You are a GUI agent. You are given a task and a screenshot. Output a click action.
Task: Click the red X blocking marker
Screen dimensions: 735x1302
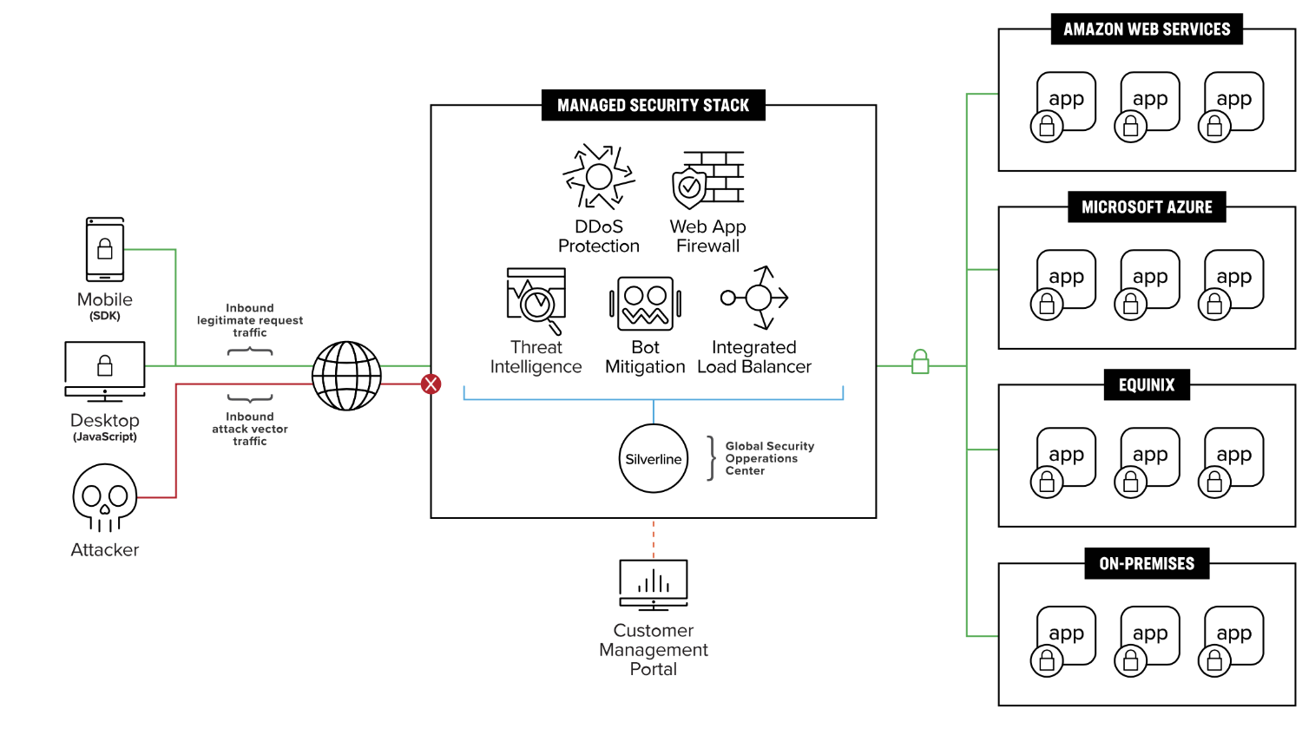coord(431,384)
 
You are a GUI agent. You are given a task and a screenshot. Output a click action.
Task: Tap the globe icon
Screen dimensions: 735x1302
coord(346,376)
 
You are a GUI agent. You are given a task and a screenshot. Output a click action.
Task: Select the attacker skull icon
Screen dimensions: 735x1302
coord(104,497)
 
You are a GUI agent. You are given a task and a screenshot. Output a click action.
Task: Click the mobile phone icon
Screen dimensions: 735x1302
coord(105,249)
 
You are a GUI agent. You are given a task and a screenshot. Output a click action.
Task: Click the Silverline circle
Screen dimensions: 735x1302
coord(654,458)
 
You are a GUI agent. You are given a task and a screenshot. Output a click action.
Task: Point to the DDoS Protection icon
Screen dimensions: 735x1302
coord(598,177)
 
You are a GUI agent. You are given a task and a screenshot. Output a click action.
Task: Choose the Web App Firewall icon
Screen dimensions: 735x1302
coord(708,180)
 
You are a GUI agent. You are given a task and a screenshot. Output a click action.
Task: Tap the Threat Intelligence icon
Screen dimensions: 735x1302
coord(536,300)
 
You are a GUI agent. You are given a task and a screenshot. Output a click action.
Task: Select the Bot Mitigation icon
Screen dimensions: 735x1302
coord(645,304)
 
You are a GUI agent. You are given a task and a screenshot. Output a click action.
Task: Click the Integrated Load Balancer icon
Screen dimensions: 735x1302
coord(756,298)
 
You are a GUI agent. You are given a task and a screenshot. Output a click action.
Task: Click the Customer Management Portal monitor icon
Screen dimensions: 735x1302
coord(654,584)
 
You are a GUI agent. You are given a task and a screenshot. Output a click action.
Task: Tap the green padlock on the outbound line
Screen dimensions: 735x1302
coord(920,362)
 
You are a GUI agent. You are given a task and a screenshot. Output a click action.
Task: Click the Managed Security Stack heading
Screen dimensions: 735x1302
coord(653,105)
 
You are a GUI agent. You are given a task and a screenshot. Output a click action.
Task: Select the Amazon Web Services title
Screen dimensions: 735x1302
coord(1147,29)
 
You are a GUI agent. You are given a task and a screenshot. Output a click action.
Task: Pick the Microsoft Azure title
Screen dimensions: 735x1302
coord(1147,207)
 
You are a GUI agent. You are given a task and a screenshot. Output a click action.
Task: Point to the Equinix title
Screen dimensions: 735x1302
coord(1147,384)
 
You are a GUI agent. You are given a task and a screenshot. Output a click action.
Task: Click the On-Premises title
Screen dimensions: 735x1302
coord(1147,563)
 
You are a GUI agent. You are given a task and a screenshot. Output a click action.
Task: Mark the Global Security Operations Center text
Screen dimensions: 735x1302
coord(769,458)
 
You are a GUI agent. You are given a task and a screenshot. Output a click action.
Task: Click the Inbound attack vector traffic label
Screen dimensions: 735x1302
coord(250,429)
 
